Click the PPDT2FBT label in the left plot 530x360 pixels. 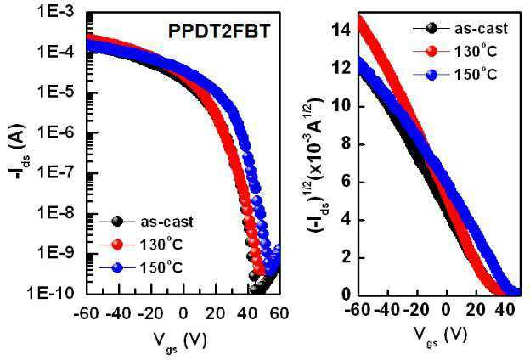coord(219,31)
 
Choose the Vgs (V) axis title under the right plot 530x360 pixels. coord(440,335)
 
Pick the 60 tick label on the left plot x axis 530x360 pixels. coord(279,313)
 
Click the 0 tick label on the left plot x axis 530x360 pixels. coord(183,313)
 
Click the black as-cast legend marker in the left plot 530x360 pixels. coord(117,222)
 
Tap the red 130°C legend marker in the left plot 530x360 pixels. coord(117,245)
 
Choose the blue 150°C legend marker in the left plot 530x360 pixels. coord(117,267)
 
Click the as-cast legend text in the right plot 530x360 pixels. coord(481,28)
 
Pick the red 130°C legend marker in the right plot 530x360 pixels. coord(431,51)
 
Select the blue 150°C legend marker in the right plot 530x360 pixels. coord(431,74)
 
